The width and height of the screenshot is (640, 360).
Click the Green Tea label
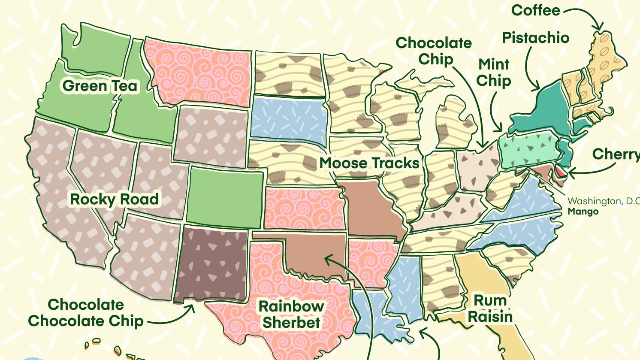pyautogui.click(x=100, y=86)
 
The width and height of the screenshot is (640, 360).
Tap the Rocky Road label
pyautogui.click(x=114, y=199)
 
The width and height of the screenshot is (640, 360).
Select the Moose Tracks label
pyautogui.click(x=369, y=163)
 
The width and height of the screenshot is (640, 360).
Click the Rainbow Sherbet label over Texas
pyautogui.click(x=291, y=315)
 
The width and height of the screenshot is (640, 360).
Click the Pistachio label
pyautogui.click(x=535, y=38)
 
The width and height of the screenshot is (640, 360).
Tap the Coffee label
pyautogui.click(x=536, y=10)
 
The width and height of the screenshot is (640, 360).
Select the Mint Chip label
pyautogui.click(x=494, y=72)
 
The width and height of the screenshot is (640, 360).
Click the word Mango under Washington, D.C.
pyautogui.click(x=583, y=212)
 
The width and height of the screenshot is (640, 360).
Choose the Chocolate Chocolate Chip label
pyautogui.click(x=86, y=313)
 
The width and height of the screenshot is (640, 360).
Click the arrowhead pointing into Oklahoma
pyautogui.click(x=327, y=259)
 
